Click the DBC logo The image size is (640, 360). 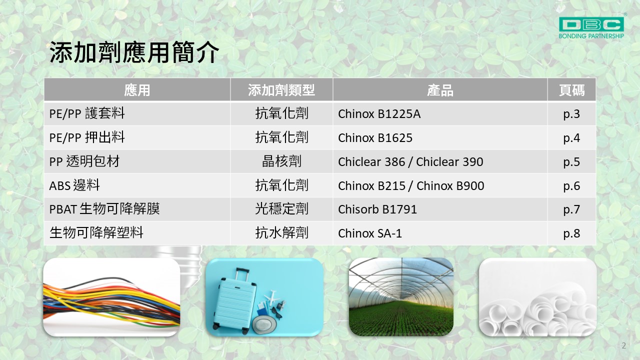click(591, 27)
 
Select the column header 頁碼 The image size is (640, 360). click(571, 90)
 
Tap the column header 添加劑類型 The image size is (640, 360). click(281, 90)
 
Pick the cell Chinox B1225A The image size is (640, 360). click(379, 114)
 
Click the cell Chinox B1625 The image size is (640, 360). click(375, 138)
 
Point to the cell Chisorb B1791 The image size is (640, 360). click(377, 209)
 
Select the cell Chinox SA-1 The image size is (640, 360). click(370, 233)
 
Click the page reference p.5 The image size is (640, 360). click(571, 162)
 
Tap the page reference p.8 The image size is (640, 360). click(571, 233)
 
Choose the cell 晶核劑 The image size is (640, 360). click(281, 161)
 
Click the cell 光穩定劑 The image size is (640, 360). click(281, 209)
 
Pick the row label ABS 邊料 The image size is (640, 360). click(74, 185)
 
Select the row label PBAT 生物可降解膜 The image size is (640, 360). click(104, 209)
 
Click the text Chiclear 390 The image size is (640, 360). click(449, 162)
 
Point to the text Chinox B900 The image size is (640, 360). click(450, 186)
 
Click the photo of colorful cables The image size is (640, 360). click(111, 297)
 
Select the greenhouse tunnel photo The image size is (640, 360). click(401, 297)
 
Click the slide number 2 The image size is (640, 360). click(623, 345)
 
